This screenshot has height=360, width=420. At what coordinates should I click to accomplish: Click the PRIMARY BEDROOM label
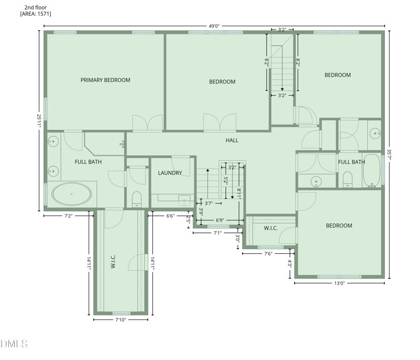[x=106, y=80]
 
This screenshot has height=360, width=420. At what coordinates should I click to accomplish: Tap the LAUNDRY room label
[x=170, y=173]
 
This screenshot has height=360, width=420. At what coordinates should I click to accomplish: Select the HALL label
[x=232, y=140]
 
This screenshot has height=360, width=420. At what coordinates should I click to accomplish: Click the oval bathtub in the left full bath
[x=71, y=194]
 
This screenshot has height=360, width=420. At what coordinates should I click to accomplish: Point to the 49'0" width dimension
[x=214, y=26]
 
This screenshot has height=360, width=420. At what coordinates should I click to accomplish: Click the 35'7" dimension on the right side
[x=389, y=155]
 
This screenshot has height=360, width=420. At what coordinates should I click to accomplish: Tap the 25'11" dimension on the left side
[x=39, y=121]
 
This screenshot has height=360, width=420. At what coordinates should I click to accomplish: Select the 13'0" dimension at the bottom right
[x=339, y=283]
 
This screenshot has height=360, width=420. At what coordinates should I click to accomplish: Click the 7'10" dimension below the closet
[x=121, y=320]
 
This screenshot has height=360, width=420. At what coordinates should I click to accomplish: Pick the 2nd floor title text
[x=36, y=7]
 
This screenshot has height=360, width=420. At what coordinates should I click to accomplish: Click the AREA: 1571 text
[x=36, y=14]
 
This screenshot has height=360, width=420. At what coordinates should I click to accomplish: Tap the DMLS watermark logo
[x=14, y=344]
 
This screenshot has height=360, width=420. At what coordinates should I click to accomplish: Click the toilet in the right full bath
[x=348, y=179]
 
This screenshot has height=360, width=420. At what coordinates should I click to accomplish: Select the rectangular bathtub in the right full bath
[x=372, y=170]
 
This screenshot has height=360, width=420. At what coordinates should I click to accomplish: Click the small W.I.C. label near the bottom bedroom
[x=271, y=228]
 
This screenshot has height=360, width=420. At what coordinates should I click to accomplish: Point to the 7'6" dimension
[x=268, y=254]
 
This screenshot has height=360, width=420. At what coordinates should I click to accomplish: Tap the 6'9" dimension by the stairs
[x=219, y=220]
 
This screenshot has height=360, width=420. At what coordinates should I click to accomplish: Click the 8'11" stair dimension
[x=239, y=193]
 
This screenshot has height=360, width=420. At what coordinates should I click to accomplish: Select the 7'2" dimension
[x=68, y=216]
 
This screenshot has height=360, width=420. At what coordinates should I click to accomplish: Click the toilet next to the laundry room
[x=137, y=199]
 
